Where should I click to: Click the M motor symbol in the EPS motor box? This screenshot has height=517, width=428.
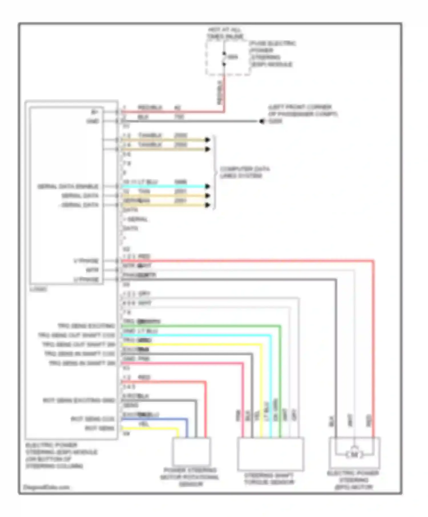[354, 455]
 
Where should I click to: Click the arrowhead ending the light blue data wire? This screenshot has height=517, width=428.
[208, 186]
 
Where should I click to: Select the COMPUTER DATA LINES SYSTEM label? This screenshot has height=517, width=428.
[245, 172]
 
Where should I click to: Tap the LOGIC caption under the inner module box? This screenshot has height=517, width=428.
[38, 289]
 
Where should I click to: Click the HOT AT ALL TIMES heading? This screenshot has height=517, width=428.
[225, 33]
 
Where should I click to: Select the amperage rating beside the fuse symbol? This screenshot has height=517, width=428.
[233, 57]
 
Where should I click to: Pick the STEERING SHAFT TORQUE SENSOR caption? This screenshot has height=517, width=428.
[269, 479]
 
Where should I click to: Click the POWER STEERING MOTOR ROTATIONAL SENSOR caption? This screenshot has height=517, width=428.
[190, 477]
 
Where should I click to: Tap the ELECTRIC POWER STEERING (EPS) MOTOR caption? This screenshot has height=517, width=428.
[353, 480]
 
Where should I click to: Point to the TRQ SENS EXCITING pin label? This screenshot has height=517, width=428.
[86, 326]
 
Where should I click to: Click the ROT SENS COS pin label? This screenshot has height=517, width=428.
[93, 419]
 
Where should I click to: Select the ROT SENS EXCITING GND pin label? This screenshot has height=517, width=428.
[79, 400]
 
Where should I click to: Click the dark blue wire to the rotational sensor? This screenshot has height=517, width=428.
[154, 419]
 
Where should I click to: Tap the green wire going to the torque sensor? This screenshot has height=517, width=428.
[200, 325]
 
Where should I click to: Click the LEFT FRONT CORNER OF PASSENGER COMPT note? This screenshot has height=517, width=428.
[302, 114]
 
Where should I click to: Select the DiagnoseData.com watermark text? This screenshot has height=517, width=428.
[46, 487]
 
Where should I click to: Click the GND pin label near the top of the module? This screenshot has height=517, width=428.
[93, 121]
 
